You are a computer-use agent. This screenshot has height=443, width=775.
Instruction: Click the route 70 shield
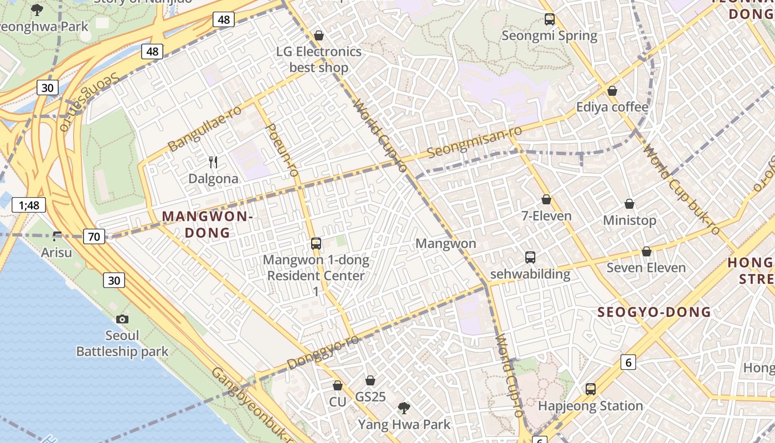click(94, 237)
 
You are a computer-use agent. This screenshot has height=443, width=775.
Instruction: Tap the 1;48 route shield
click(29, 205)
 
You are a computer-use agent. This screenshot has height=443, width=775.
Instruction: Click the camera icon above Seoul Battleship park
click(122, 319)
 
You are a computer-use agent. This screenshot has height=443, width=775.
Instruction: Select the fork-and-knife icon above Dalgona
click(213, 162)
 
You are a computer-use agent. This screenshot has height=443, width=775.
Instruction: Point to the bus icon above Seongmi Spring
click(550, 19)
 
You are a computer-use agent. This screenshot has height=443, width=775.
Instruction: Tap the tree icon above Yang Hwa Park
click(404, 408)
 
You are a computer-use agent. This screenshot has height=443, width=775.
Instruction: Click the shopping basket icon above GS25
click(370, 380)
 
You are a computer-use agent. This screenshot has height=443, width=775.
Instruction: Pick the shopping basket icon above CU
click(338, 385)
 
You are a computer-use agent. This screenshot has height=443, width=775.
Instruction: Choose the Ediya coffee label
click(612, 107)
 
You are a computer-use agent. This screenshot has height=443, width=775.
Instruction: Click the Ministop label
click(629, 220)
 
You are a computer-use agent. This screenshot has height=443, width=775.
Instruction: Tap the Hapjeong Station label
click(590, 406)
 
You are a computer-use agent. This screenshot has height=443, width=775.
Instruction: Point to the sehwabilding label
click(530, 274)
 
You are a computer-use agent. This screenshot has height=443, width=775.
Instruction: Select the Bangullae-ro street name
click(205, 128)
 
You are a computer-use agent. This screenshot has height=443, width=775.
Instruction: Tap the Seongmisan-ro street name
click(475, 142)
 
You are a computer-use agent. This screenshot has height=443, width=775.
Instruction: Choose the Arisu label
click(57, 253)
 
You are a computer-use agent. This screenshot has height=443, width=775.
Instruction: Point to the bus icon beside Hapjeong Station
click(591, 389)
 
